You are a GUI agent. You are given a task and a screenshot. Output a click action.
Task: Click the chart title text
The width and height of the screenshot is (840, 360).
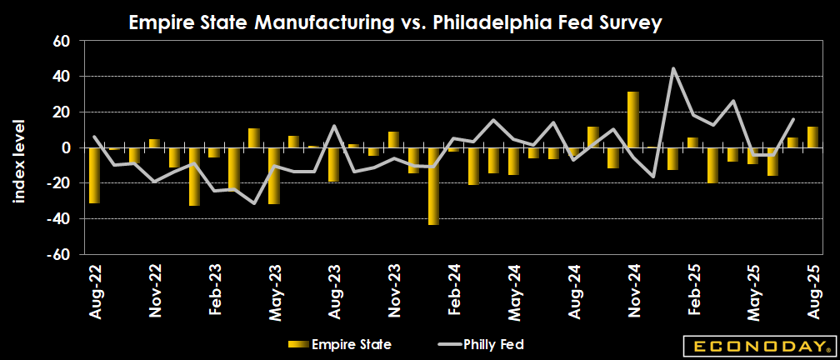395,23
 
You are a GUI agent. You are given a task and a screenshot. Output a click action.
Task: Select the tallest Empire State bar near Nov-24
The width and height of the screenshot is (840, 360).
633,120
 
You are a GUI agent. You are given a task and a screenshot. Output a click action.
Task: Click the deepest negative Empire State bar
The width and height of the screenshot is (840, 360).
433,186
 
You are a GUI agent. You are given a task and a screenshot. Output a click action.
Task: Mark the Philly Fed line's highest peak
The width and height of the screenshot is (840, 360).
673,68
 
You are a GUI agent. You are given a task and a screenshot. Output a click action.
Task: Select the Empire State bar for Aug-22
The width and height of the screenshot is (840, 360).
94,175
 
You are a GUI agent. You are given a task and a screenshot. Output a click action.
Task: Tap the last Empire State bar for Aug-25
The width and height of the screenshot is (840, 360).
812,137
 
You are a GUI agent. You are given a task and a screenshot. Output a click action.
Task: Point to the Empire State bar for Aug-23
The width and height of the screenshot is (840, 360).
333,164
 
